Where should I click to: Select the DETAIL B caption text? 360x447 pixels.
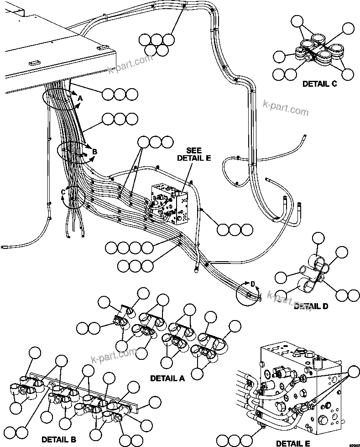click(58, 440)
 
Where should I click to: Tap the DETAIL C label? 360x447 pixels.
click(319, 84)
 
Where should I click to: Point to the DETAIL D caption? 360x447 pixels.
click(311, 306)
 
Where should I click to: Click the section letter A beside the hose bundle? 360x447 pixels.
click(80, 98)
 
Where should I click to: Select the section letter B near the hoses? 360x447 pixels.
click(95, 152)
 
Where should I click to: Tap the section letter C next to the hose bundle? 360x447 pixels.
click(63, 192)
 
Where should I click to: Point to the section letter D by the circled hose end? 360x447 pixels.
click(252, 284)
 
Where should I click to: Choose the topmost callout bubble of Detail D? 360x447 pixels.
click(318, 237)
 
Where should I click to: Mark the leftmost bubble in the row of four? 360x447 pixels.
click(111, 248)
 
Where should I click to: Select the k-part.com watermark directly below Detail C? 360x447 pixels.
click(286, 110)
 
